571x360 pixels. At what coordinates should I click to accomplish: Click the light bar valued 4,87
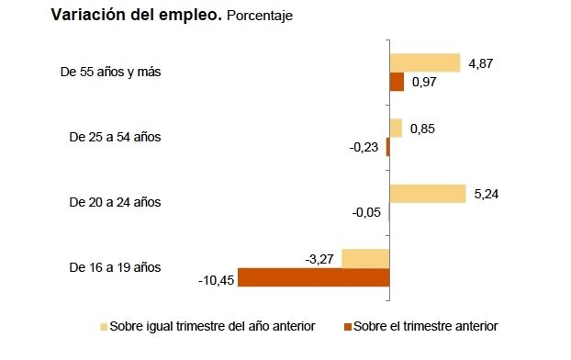tap(424, 62)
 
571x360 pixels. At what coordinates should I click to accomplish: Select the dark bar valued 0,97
tap(397, 82)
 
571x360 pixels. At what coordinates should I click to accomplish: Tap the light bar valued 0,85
tap(396, 128)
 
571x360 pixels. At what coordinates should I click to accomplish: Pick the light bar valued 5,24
tap(427, 193)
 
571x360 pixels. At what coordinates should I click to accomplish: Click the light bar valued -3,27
tap(365, 258)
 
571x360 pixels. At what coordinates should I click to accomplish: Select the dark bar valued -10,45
tap(314, 276)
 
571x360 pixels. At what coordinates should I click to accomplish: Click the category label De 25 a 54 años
tap(115, 137)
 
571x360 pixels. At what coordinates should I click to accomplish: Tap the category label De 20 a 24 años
tap(115, 202)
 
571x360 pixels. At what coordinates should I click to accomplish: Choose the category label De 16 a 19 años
tap(115, 267)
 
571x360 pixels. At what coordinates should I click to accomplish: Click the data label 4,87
tap(482, 62)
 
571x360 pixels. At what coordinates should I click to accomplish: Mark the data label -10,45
tap(216, 277)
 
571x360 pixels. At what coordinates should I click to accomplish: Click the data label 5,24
tap(487, 193)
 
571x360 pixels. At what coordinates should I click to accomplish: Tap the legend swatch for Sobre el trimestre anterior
tap(346, 326)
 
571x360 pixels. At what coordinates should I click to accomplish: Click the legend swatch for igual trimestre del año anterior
tap(104, 326)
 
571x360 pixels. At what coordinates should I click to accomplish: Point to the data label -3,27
tap(320, 258)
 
